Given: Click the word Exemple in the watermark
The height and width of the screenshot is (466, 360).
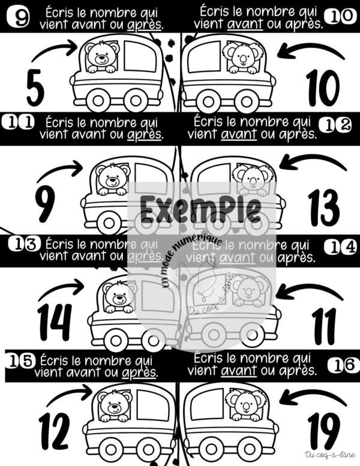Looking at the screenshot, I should (200, 209).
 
